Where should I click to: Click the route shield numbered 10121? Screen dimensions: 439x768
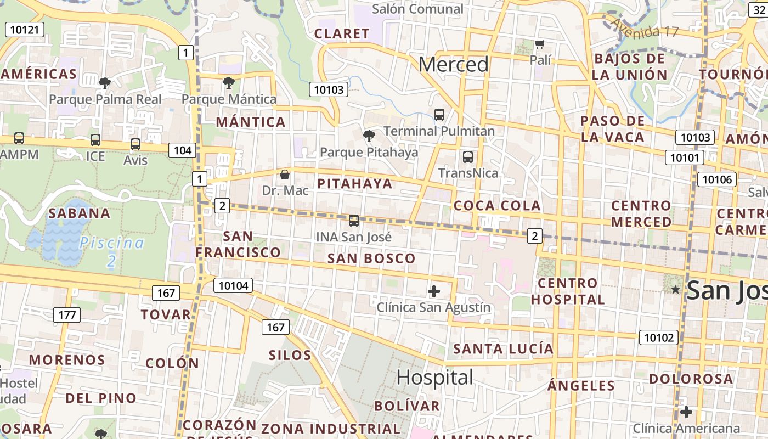[25, 30]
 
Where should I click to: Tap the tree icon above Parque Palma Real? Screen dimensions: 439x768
[105, 83]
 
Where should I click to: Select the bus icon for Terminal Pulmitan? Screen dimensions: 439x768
[439, 115]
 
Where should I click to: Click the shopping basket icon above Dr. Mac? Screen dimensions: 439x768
[285, 175]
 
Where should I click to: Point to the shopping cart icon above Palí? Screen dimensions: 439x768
[540, 44]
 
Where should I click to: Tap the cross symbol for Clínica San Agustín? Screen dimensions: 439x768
[434, 291]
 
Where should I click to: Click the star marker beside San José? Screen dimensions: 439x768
[675, 289]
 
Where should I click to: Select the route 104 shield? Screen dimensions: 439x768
[182, 150]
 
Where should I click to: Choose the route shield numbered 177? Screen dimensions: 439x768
[67, 315]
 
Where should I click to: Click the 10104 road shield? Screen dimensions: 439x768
[233, 285]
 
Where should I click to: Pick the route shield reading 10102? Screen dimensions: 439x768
[658, 337]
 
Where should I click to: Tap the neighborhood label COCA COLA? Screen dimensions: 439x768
[497, 206]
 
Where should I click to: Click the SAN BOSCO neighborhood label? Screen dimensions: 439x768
[371, 258]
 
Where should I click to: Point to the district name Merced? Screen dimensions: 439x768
[453, 65]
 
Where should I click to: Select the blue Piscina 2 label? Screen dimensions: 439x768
[112, 251]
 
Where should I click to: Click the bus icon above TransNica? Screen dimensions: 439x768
[468, 157]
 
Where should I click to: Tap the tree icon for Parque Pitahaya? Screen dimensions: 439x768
[369, 136]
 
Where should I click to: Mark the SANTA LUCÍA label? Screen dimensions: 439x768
[503, 348]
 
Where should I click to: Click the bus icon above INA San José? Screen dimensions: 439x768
[354, 221]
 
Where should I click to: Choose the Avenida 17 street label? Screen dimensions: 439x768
[645, 27]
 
